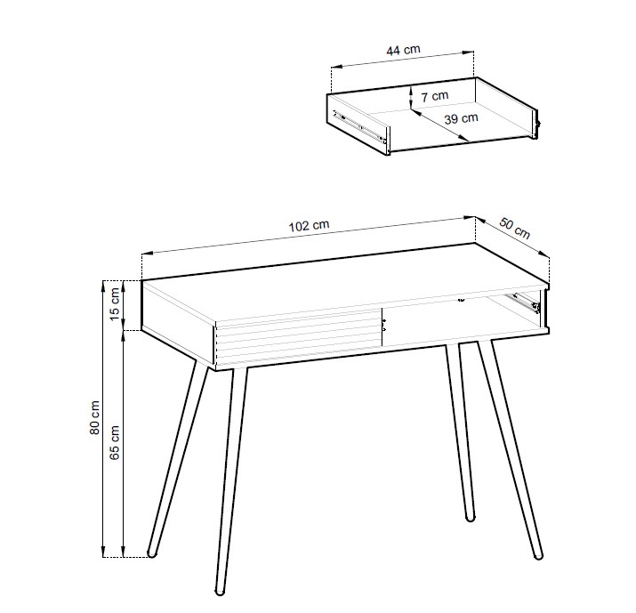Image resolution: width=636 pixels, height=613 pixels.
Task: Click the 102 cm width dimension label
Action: click(x=309, y=226)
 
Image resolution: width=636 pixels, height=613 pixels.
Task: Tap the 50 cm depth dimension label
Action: click(x=514, y=229)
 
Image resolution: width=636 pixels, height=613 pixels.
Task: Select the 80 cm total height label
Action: click(x=94, y=417)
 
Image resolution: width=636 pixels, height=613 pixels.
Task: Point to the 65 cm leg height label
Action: click(x=115, y=442)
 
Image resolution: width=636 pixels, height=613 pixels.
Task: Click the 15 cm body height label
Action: click(x=115, y=303)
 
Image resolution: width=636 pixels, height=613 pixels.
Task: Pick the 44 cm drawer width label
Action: click(x=403, y=50)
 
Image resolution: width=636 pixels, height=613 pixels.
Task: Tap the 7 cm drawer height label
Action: click(x=435, y=96)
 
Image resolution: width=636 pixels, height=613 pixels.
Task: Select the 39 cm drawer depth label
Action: click(x=461, y=118)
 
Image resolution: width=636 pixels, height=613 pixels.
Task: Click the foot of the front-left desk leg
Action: click(x=220, y=591)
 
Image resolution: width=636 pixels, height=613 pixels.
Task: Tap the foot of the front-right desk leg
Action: click(x=538, y=555)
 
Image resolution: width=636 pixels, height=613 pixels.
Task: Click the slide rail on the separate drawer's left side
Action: click(x=358, y=126)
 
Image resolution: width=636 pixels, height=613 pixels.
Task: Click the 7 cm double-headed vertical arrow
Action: click(x=410, y=97)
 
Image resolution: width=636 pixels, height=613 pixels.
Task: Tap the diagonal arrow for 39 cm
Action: click(x=439, y=125)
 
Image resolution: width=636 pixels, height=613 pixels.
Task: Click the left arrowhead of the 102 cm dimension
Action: click(x=147, y=254)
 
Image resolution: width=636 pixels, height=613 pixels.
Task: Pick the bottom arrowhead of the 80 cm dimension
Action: click(x=103, y=552)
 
